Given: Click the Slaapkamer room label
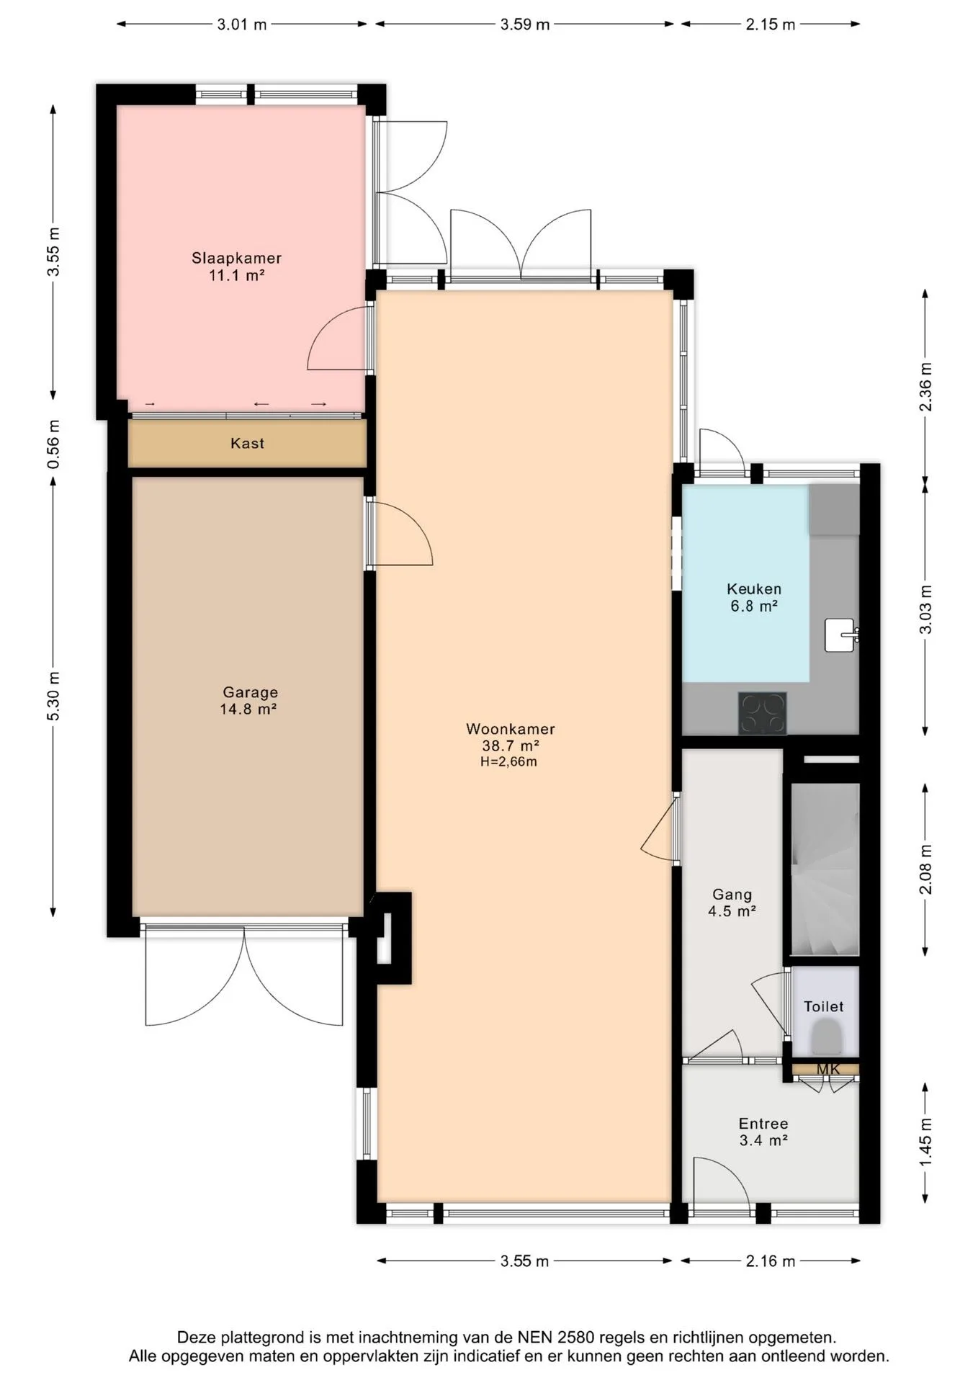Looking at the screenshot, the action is (x=236, y=258).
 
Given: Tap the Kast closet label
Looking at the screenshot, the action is (x=247, y=443).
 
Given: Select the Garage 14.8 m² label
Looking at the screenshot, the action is (x=249, y=700).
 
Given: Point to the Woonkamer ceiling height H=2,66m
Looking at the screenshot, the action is (x=508, y=761).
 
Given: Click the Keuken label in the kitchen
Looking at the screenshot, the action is (x=754, y=588).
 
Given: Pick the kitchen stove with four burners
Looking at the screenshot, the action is (x=762, y=713).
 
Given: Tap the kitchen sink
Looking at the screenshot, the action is (x=840, y=635).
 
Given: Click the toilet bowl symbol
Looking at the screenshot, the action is (x=825, y=1041).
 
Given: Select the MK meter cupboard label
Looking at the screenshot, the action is (x=828, y=1070).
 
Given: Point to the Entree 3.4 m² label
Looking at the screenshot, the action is (x=763, y=1132).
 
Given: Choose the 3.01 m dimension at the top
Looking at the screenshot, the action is (x=242, y=24).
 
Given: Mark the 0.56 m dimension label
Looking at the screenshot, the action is (x=53, y=444).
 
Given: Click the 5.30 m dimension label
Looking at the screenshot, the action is (x=53, y=696).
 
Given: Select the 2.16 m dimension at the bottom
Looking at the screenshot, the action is (x=771, y=1261).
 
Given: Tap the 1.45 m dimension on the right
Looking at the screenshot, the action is (x=926, y=1142).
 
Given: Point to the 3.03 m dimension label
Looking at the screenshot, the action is (x=926, y=609).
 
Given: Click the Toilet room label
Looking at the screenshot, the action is (x=823, y=1006).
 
